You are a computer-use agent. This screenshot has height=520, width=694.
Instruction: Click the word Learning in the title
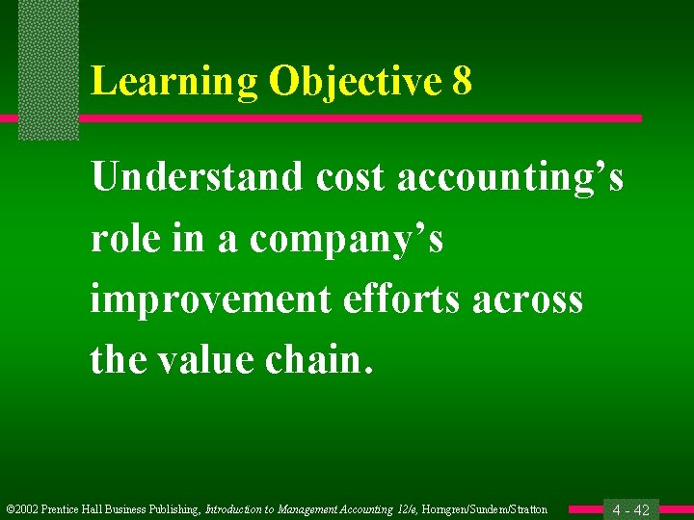(174, 83)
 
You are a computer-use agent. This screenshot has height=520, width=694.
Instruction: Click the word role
(122, 240)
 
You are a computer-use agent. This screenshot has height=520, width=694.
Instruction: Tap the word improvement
(209, 299)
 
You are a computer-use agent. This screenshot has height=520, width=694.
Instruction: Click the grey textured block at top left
(48, 67)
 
